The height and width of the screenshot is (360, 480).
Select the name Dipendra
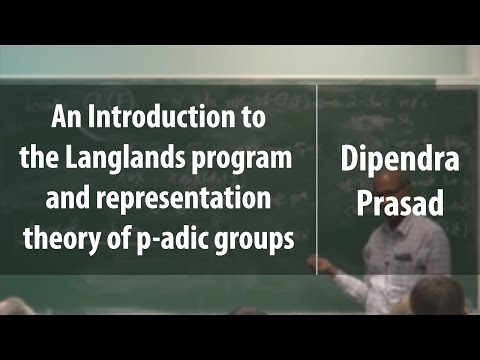[x=397, y=160]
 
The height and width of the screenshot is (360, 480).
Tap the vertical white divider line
[x=317, y=180]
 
